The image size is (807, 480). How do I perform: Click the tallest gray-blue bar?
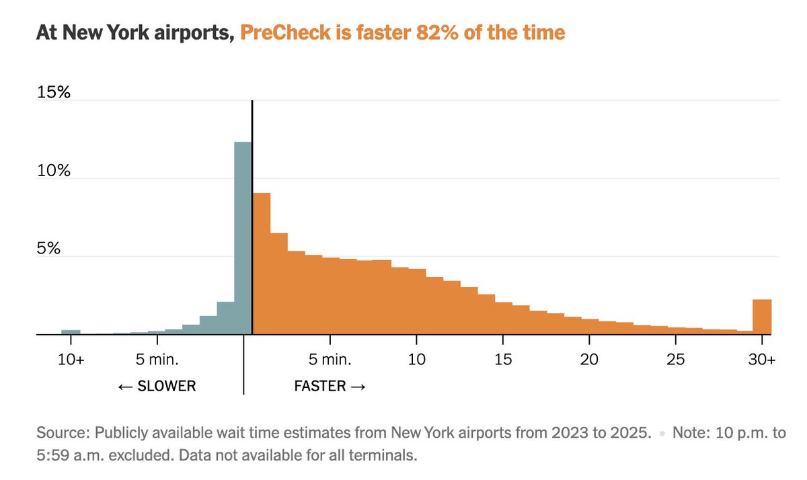243,239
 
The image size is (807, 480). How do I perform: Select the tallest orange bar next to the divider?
262,264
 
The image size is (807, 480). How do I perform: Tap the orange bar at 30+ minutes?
762,317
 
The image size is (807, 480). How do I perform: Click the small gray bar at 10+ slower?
71,331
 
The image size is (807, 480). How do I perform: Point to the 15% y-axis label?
54,92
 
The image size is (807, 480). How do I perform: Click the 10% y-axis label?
54,171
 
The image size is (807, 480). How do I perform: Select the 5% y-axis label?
49,249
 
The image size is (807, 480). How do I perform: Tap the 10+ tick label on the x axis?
71,360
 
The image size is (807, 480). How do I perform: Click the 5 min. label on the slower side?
157,360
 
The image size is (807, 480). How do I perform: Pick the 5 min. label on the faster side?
330,360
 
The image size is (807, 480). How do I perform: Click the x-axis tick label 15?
503,360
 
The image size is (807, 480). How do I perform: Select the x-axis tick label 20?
589,360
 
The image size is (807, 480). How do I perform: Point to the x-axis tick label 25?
676,360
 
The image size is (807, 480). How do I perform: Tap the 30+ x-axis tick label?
762,360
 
